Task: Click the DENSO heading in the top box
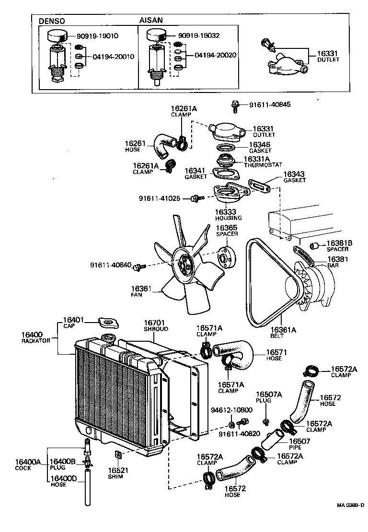click(51, 21)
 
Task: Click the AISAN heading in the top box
click(151, 21)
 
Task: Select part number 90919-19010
click(98, 35)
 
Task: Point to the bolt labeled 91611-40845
click(235, 106)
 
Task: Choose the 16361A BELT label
click(283, 333)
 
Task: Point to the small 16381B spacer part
click(315, 246)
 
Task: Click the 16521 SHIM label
click(115, 473)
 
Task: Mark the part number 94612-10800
click(232, 410)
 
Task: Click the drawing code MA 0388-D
click(350, 519)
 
